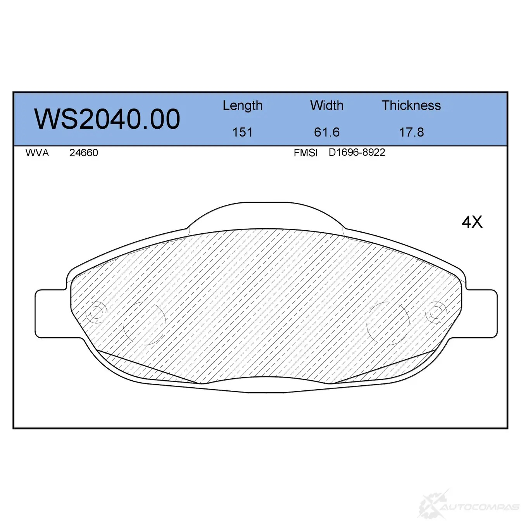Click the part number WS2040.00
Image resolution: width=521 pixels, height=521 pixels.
[107, 119]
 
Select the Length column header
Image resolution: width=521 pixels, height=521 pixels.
[243, 106]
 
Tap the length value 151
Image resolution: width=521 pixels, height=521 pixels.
[243, 132]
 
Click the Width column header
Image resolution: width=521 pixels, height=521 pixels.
[327, 105]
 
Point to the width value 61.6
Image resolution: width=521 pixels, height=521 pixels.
[327, 132]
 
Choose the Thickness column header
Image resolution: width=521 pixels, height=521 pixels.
[411, 105]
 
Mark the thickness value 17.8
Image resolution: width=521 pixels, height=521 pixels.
[412, 132]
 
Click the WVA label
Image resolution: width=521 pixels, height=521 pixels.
[37, 153]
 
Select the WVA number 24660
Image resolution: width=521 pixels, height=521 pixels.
[84, 153]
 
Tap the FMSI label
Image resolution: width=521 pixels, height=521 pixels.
[305, 153]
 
